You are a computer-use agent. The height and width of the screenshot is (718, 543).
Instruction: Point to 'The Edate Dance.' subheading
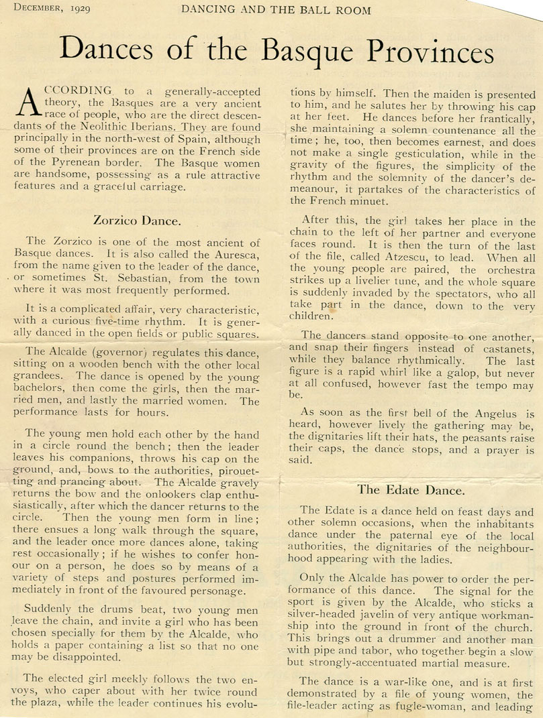411,489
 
